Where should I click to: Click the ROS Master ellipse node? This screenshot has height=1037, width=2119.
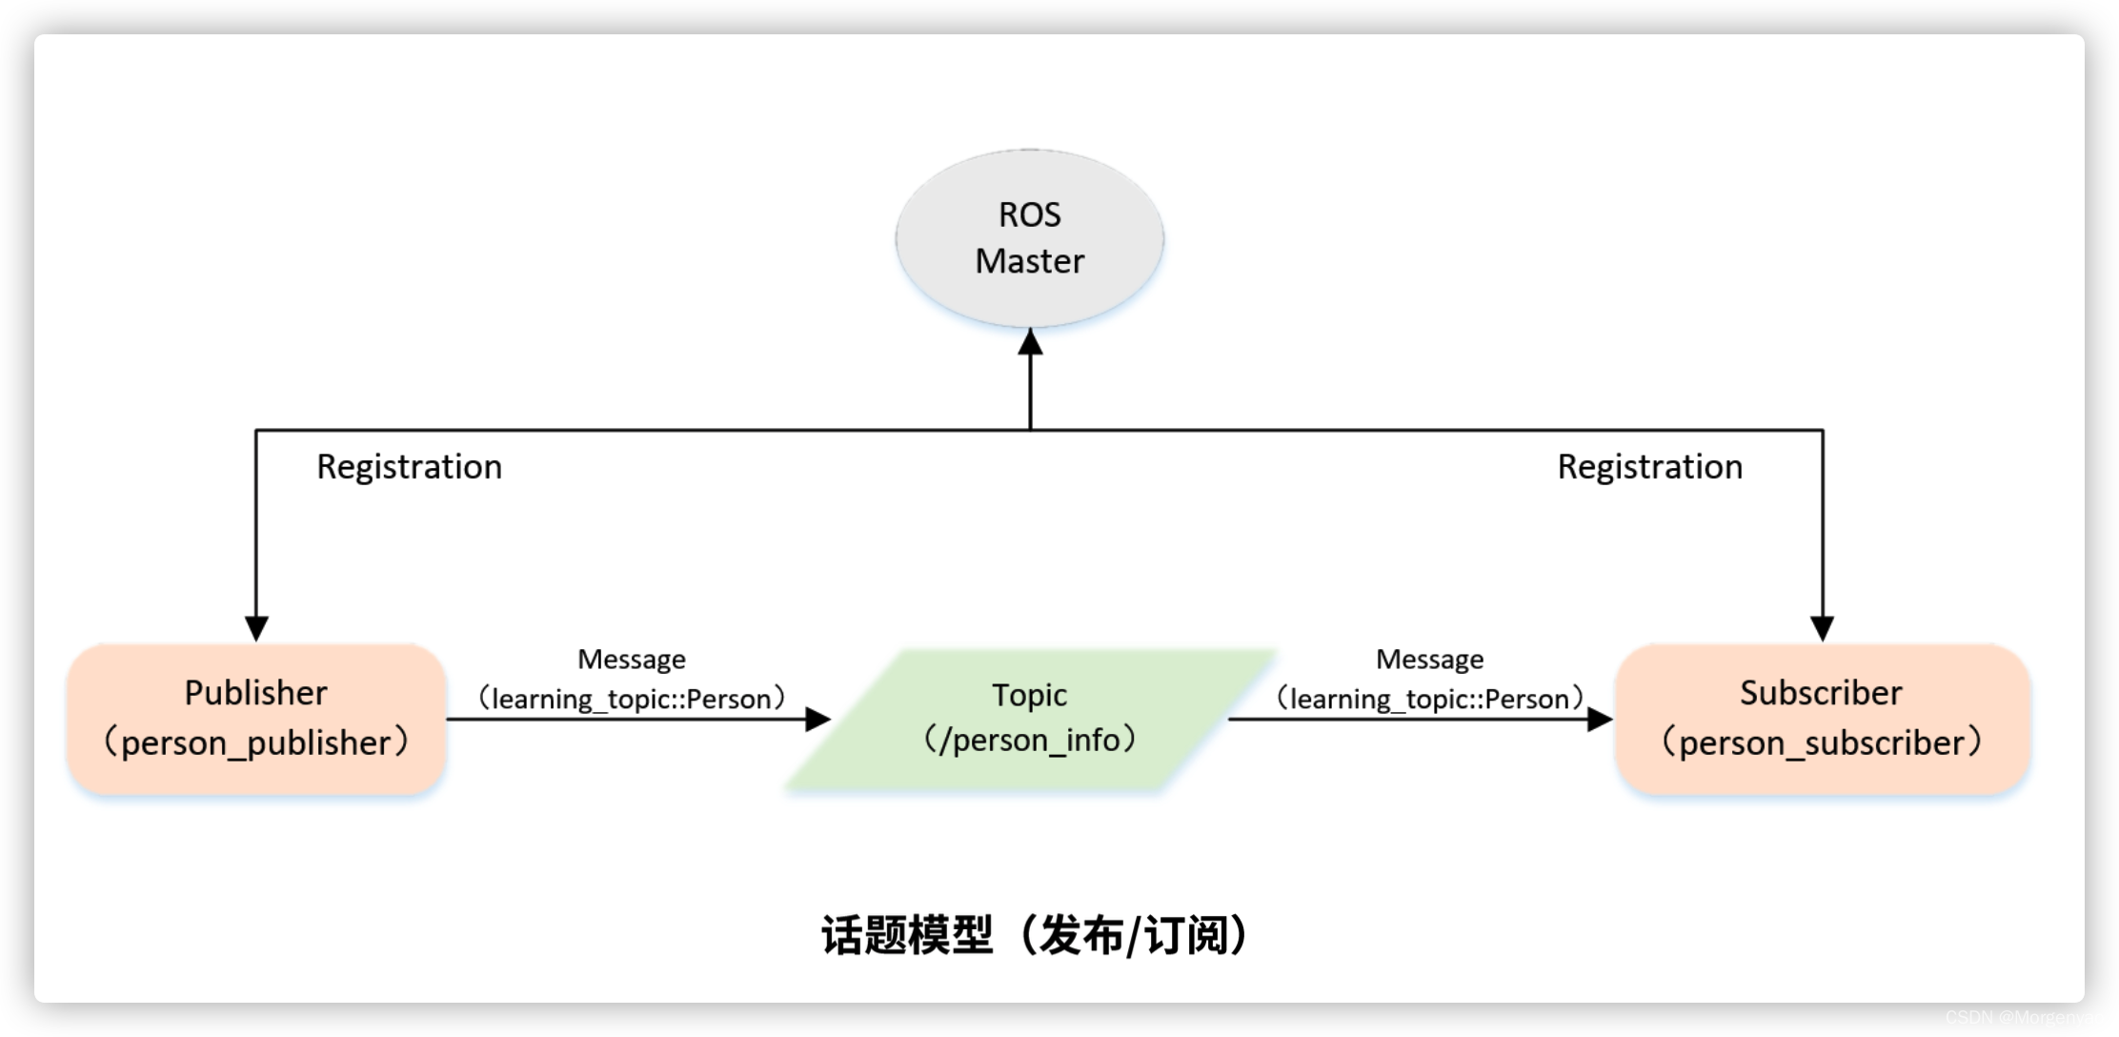(1029, 238)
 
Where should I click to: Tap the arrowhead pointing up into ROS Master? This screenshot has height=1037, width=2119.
(1030, 341)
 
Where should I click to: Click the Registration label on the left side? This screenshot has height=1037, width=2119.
(409, 467)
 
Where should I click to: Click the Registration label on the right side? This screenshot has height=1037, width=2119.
(1649, 467)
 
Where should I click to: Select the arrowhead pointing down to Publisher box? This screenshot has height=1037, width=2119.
(256, 628)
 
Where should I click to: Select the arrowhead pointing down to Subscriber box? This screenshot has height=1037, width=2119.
(1822, 628)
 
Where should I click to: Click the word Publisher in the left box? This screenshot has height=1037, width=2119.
(255, 693)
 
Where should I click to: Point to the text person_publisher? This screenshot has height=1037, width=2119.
(255, 743)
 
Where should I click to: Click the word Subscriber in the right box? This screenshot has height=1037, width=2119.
(1820, 693)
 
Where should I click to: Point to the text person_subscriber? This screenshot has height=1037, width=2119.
(1821, 743)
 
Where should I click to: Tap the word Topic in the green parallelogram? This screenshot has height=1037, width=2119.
(1029, 695)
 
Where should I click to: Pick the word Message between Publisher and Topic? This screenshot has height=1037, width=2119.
(631, 660)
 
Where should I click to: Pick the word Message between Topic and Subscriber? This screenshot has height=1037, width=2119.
(1429, 660)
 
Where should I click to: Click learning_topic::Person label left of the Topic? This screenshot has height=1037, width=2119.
(631, 700)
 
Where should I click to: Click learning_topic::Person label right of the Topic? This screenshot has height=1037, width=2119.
(1429, 700)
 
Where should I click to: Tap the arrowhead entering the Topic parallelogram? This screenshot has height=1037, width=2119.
(817, 719)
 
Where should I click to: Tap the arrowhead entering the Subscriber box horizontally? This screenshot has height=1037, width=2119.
(1600, 719)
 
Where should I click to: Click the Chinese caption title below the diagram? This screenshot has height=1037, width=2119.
(1035, 935)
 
